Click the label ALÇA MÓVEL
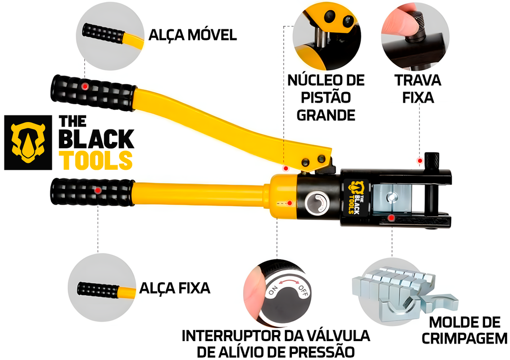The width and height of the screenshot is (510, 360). pos(192,35)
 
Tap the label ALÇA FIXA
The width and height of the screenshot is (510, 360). pos(174,288)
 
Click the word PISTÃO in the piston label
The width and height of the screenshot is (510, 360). pos(326,97)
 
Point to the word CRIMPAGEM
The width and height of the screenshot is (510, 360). pos(464,339)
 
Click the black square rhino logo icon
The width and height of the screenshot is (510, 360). pos(28,142)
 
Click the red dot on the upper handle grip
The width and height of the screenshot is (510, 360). pos(86,87)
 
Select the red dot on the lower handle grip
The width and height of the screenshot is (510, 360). pos(98,190)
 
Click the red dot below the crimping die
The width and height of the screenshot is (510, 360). pos(392,218)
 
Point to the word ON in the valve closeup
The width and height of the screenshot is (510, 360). pos(273,291)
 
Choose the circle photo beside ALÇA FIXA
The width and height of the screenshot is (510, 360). pos(102,288)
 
